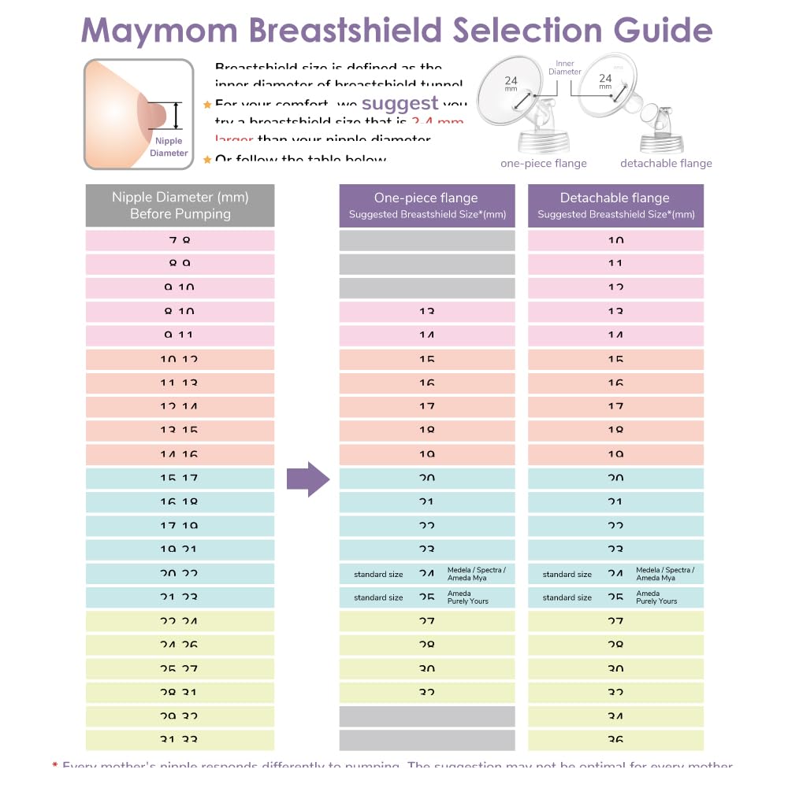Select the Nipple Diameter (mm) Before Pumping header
point(180,205)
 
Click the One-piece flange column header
point(426,205)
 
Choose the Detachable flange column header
point(615,205)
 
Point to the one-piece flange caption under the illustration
point(543,164)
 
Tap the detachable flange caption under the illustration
point(666,164)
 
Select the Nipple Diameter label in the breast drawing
point(169,147)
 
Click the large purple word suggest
point(400,103)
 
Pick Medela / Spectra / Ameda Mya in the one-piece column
point(476,574)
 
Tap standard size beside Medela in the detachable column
point(567,575)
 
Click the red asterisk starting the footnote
point(55,765)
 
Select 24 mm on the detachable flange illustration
point(605,82)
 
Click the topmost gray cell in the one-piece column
point(426,241)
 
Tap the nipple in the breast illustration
point(156,115)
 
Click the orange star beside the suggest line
point(207,105)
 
